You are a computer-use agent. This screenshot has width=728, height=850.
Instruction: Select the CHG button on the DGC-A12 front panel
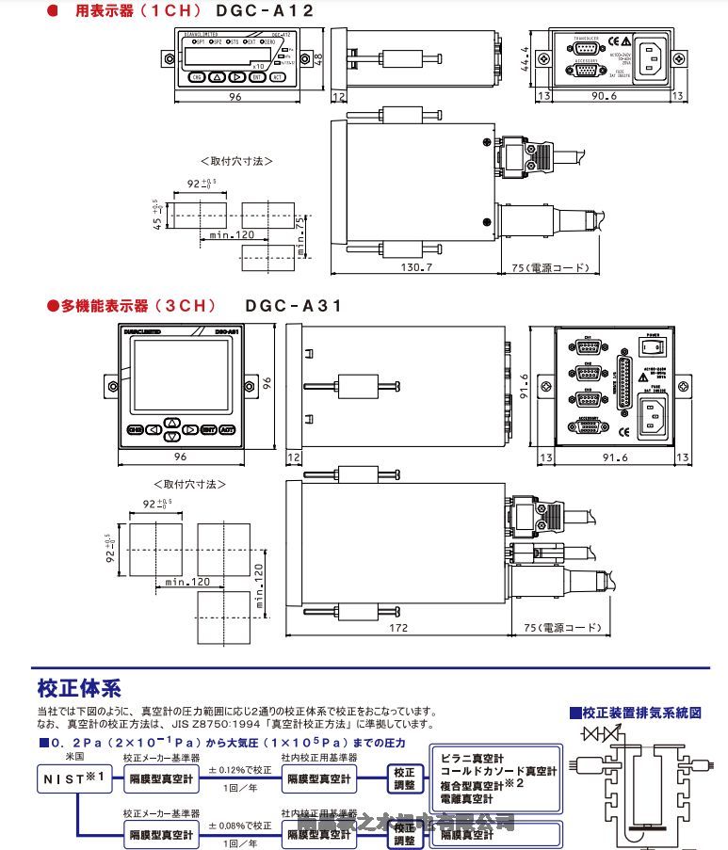click(196, 77)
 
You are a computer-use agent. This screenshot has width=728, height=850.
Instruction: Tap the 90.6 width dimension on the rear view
click(603, 96)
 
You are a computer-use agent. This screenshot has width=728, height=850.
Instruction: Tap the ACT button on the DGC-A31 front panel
click(227, 429)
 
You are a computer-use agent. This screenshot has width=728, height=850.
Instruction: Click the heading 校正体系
click(79, 688)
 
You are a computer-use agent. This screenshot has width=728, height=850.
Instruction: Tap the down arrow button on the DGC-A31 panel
click(171, 437)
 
